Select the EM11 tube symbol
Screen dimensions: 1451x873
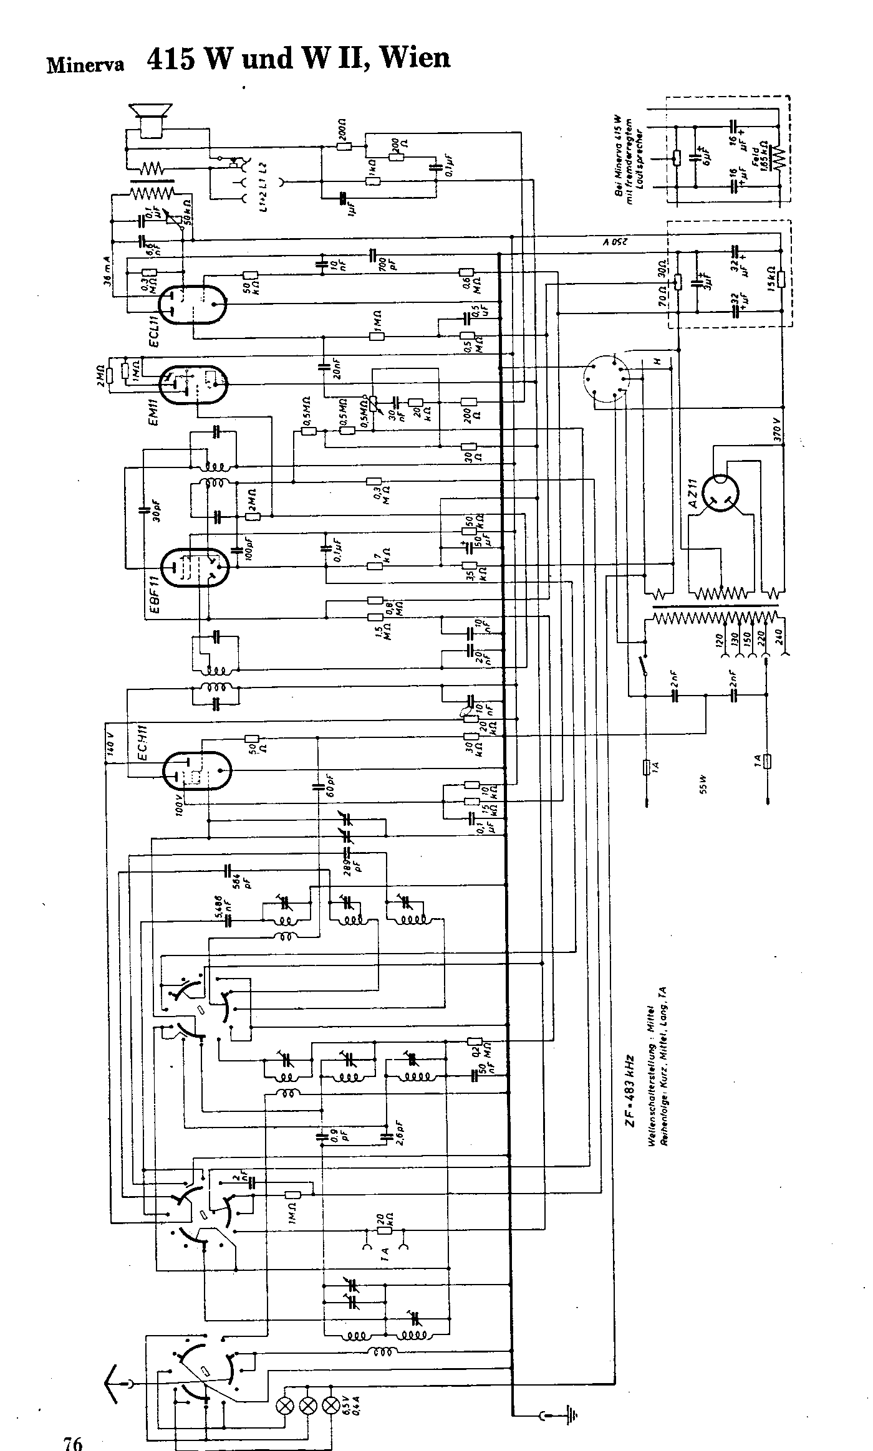tap(193, 385)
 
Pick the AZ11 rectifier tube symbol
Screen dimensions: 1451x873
tap(724, 495)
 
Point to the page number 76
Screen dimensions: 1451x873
tap(72, 1440)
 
